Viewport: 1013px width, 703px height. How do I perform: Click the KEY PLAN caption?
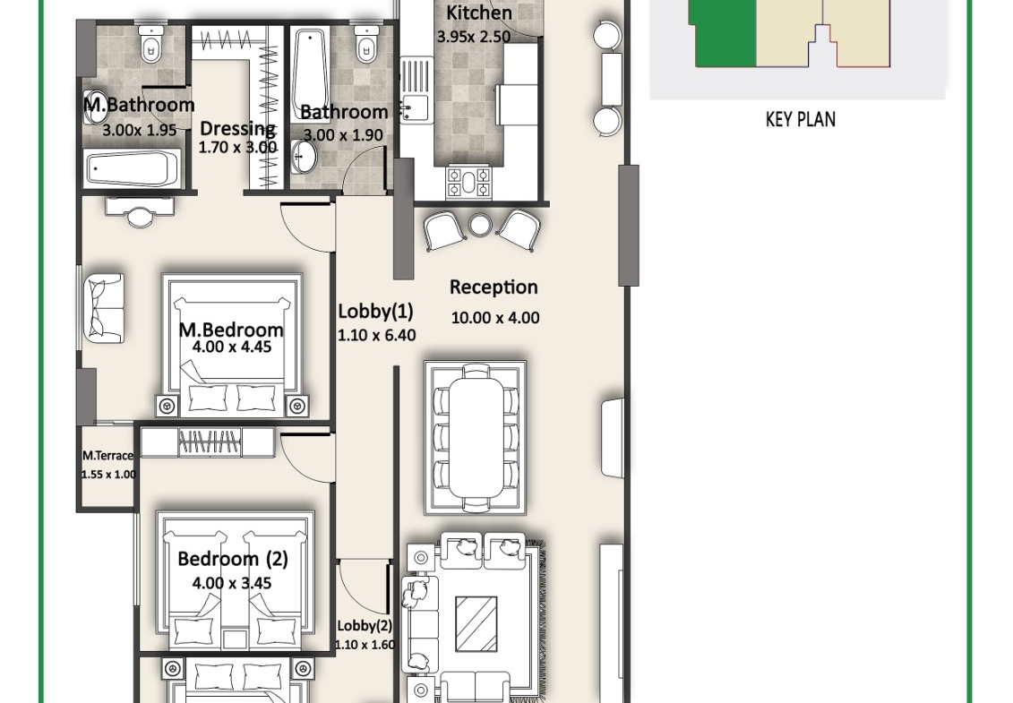pos(800,119)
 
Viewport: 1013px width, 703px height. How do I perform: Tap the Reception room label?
pos(494,287)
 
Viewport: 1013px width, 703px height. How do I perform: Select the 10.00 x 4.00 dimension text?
pos(495,318)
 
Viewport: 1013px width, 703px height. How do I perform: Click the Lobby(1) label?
pos(375,312)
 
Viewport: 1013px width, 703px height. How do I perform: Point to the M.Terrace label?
pos(107,456)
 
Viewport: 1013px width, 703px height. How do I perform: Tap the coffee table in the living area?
pos(476,623)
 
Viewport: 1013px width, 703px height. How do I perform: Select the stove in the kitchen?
pos(468,182)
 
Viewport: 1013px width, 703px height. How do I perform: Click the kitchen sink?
pos(414,107)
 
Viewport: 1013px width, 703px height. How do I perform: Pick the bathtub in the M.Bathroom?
pos(133,168)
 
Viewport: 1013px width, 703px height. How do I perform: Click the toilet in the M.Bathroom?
pos(150,43)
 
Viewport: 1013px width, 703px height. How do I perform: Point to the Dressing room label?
pos(237,128)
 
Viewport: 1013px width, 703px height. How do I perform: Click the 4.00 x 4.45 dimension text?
pos(232,347)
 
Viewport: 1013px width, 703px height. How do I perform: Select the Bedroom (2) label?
pos(233,559)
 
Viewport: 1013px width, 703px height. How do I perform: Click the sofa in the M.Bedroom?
pos(103,308)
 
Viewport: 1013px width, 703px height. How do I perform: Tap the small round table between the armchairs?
pos(479,225)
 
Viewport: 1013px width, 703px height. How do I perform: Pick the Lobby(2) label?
pos(365,626)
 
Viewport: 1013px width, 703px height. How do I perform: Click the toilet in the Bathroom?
pos(365,43)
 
